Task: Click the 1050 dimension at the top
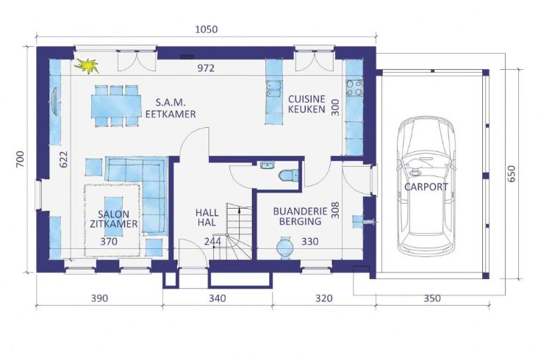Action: point(207,29)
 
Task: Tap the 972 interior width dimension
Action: point(206,68)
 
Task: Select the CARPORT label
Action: point(426,187)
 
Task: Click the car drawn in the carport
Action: point(426,186)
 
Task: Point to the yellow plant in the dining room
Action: point(87,66)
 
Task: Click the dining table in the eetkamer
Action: point(116,107)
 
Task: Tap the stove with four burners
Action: point(354,87)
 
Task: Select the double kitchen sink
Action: point(274,89)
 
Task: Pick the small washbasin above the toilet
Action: point(267,165)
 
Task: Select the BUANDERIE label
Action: point(300,211)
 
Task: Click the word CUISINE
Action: point(307,99)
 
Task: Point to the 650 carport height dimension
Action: point(512,174)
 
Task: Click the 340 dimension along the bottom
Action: point(218,298)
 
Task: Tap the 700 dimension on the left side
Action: point(21,159)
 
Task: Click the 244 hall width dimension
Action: point(212,242)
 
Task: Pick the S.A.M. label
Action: point(171,102)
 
